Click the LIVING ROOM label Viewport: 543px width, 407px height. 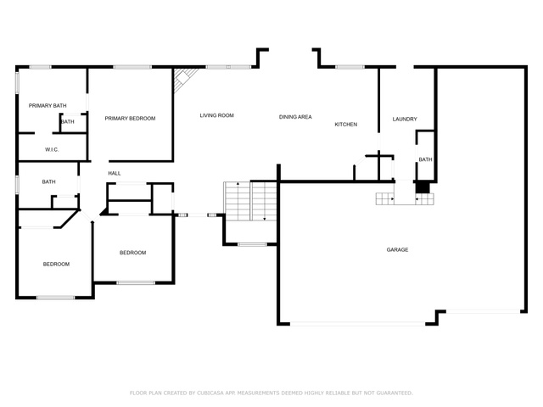point(217,115)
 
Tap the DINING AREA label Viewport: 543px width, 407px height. point(295,117)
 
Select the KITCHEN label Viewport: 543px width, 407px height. point(346,125)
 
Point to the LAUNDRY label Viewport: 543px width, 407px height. point(405,119)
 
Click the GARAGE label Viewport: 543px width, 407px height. point(397,249)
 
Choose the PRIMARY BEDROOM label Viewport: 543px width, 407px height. point(130,119)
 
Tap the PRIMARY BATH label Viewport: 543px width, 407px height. point(48,105)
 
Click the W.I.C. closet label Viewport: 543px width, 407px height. point(52,149)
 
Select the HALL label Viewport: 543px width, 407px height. point(115,173)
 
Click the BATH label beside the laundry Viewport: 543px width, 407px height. point(425,159)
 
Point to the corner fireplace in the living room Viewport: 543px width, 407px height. point(185,80)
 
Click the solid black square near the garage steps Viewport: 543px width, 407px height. point(423,187)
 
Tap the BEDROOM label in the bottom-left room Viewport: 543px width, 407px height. point(56,264)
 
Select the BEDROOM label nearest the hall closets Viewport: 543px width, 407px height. point(132,253)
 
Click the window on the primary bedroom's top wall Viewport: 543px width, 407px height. point(132,67)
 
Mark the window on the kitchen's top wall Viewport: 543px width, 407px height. point(350,67)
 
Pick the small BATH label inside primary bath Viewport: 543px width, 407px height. point(68,122)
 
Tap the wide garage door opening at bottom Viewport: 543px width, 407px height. point(357,324)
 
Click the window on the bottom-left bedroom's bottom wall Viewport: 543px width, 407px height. point(56,298)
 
